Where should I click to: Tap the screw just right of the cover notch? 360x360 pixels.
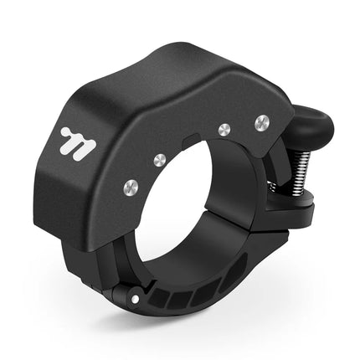[223, 129]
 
